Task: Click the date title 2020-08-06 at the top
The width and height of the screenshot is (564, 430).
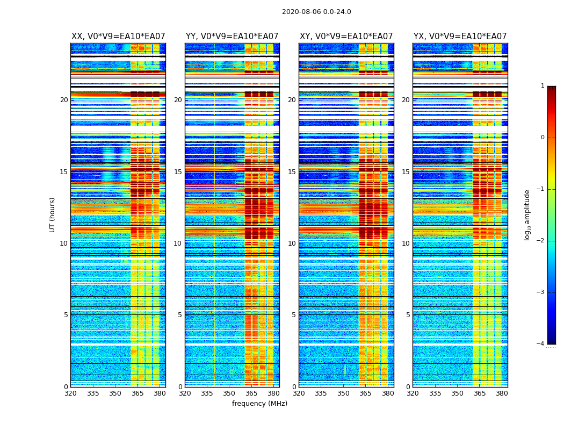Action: click(316, 12)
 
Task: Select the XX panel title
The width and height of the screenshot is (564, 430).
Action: click(118, 37)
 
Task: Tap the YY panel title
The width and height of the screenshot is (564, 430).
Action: click(232, 37)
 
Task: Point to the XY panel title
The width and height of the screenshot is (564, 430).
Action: click(346, 37)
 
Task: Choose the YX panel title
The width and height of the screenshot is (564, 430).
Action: click(460, 37)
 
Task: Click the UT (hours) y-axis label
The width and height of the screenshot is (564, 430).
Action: click(53, 214)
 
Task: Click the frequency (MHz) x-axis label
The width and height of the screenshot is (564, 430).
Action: click(259, 404)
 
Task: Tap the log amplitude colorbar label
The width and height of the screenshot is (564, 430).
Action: click(527, 214)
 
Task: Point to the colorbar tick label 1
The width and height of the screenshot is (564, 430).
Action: click(543, 86)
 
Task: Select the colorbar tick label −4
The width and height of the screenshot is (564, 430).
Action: click(541, 344)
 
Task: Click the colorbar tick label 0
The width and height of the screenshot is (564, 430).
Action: click(543, 138)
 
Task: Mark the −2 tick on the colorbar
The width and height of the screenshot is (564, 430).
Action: click(541, 241)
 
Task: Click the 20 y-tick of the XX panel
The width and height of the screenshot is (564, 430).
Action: click(64, 100)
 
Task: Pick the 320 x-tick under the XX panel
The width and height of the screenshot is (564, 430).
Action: click(70, 393)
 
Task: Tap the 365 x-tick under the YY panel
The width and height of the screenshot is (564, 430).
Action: click(251, 393)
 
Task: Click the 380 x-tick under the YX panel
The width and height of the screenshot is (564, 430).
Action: click(502, 393)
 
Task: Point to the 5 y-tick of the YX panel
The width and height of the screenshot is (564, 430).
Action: click(408, 315)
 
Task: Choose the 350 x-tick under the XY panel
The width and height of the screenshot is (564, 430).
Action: click(343, 393)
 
